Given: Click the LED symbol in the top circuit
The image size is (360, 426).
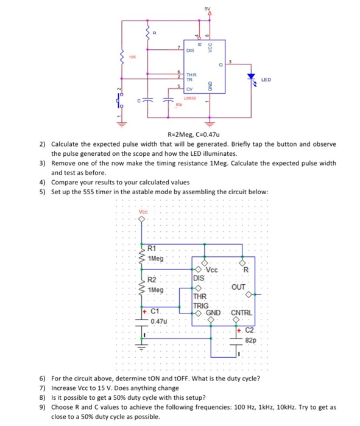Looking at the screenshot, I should click(251, 78).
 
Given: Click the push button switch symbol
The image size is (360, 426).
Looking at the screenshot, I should click(119, 100).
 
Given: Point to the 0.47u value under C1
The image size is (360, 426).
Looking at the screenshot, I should click(158, 319).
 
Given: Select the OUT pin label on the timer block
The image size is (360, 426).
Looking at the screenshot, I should click(239, 287).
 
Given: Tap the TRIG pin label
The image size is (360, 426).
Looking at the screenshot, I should click(200, 306).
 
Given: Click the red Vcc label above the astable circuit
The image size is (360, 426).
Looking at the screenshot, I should click(143, 212).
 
